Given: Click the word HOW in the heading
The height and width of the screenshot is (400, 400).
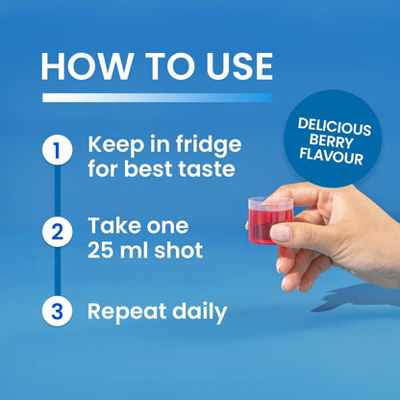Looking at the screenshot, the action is click(x=85, y=66).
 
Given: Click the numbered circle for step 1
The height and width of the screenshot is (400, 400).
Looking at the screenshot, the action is click(x=57, y=150).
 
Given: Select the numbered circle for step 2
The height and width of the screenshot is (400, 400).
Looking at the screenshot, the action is click(x=57, y=232).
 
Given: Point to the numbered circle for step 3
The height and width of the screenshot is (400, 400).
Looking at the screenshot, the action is click(x=57, y=311).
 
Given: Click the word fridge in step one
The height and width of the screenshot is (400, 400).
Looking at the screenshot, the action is click(x=209, y=145).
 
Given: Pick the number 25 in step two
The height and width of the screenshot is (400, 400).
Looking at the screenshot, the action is click(x=101, y=250).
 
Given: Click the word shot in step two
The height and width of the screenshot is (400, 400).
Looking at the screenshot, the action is click(x=179, y=250).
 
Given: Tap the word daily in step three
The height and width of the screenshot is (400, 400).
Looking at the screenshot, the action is click(x=199, y=312).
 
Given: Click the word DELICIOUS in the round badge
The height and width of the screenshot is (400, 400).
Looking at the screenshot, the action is click(x=335, y=127).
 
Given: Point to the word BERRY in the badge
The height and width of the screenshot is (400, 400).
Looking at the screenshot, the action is click(x=332, y=141).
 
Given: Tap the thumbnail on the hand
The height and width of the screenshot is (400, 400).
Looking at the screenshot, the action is click(x=280, y=233).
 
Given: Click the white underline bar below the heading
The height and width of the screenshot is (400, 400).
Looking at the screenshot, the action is click(x=158, y=98).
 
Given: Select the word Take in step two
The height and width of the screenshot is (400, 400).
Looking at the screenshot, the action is click(x=112, y=226).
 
